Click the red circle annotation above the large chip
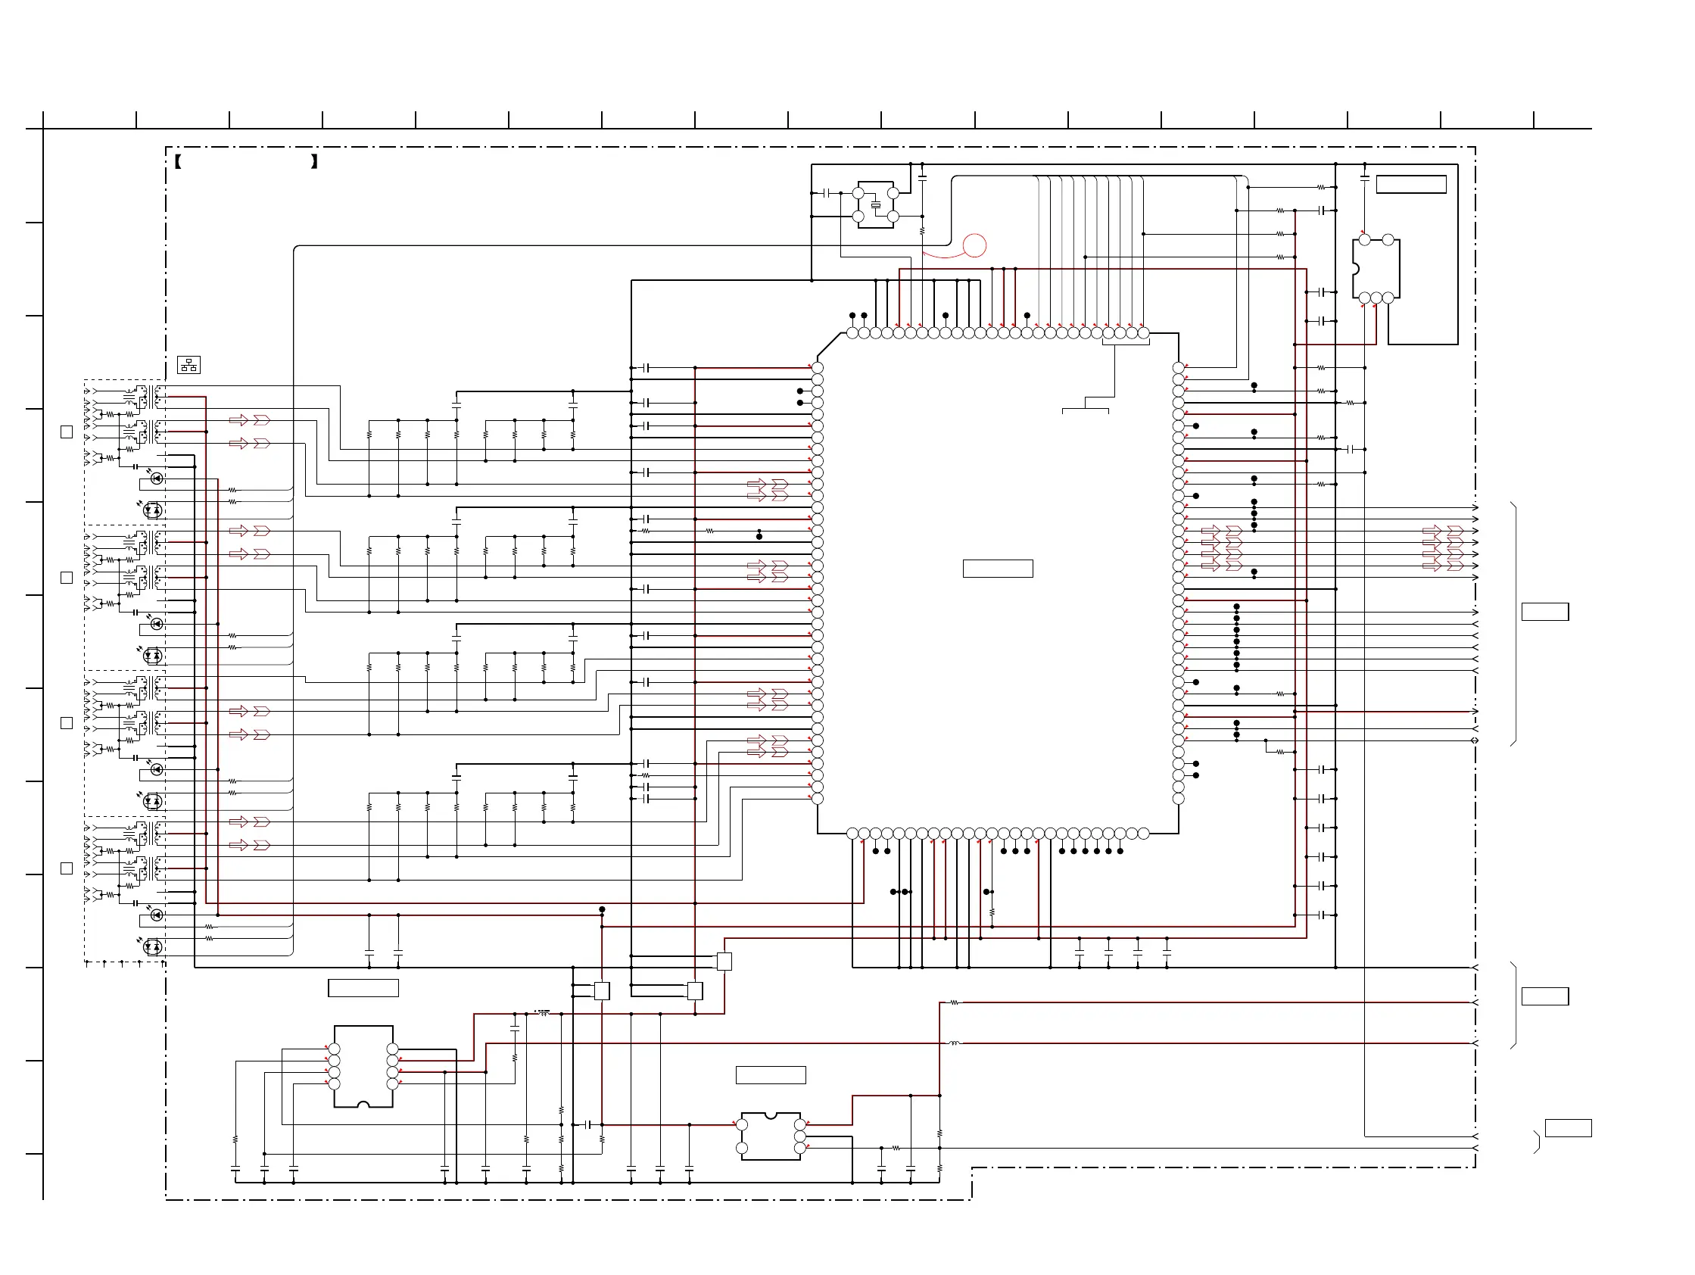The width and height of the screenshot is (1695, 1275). (x=974, y=245)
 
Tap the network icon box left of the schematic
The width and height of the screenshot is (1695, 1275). (x=189, y=365)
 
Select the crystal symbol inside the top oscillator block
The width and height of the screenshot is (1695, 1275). (x=875, y=204)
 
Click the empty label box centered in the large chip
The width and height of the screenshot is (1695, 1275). (x=998, y=569)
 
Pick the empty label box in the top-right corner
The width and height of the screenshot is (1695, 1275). (x=1410, y=184)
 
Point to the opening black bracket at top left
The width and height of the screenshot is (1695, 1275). (x=178, y=161)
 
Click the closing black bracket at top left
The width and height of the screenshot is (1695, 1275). (x=314, y=161)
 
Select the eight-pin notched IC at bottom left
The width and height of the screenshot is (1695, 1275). (x=363, y=1066)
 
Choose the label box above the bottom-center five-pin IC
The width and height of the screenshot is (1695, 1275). (x=770, y=1075)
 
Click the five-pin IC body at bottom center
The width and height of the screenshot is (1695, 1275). (x=770, y=1136)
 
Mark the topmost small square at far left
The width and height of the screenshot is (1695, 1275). (x=67, y=432)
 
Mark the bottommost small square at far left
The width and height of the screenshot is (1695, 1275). (x=67, y=868)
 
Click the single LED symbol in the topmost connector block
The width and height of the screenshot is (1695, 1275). (x=156, y=479)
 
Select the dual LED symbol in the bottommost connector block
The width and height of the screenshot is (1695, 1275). (x=152, y=947)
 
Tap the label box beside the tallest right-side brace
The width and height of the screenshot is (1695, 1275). (x=1545, y=612)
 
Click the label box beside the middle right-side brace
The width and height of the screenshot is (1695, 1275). (x=1545, y=996)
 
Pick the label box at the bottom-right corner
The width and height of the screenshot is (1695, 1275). (x=1568, y=1128)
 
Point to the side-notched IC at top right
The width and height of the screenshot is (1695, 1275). (x=1376, y=269)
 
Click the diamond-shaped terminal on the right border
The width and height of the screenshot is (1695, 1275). (x=1475, y=741)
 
